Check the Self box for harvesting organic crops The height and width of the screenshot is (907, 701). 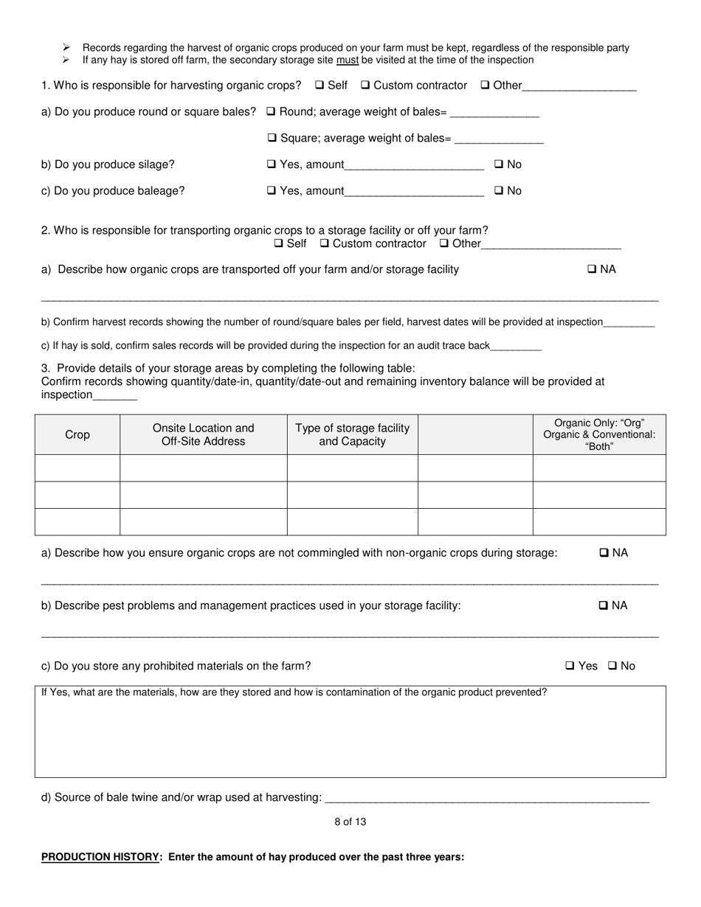point(320,86)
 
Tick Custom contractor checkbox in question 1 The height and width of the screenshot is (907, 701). point(365,86)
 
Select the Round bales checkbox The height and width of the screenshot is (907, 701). point(271,112)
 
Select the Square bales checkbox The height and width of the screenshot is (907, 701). point(272,138)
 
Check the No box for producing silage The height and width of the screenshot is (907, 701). point(499,164)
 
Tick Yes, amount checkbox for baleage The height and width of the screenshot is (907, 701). point(272,191)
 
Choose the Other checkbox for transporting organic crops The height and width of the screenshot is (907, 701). point(444,243)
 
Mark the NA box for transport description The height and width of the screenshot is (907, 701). point(592,270)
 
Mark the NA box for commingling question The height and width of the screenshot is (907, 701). point(604,553)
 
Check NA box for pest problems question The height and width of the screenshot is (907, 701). point(604,606)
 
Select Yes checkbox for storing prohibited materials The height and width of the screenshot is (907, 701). point(570,666)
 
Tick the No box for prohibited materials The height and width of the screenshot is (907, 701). point(612,666)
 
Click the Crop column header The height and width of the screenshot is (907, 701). point(77,435)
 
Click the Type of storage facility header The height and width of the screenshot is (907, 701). point(352,435)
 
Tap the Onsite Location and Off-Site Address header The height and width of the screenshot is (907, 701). point(203,435)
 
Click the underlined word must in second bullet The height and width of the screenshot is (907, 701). point(347,60)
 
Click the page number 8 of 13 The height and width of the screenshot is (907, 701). point(350,822)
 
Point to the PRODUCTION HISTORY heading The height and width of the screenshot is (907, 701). point(100,857)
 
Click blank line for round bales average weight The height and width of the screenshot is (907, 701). point(494,112)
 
